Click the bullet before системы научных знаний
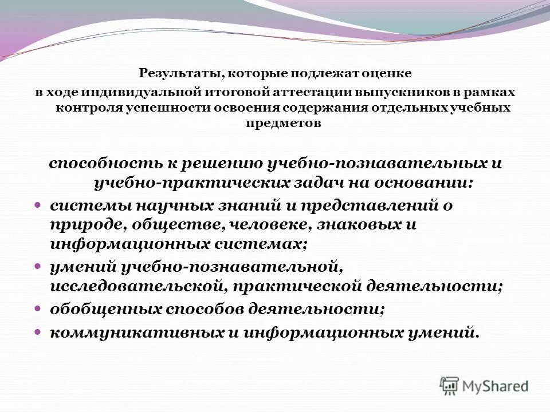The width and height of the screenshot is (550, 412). [38, 204]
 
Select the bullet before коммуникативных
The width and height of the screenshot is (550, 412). [38, 331]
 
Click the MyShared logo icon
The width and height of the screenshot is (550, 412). [450, 386]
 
